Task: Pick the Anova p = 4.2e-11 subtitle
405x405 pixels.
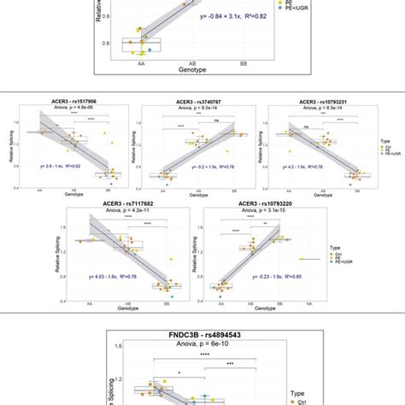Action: [x=126, y=213]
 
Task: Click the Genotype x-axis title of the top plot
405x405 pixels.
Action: [x=203, y=67]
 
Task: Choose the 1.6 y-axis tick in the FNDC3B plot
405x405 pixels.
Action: [x=116, y=346]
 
